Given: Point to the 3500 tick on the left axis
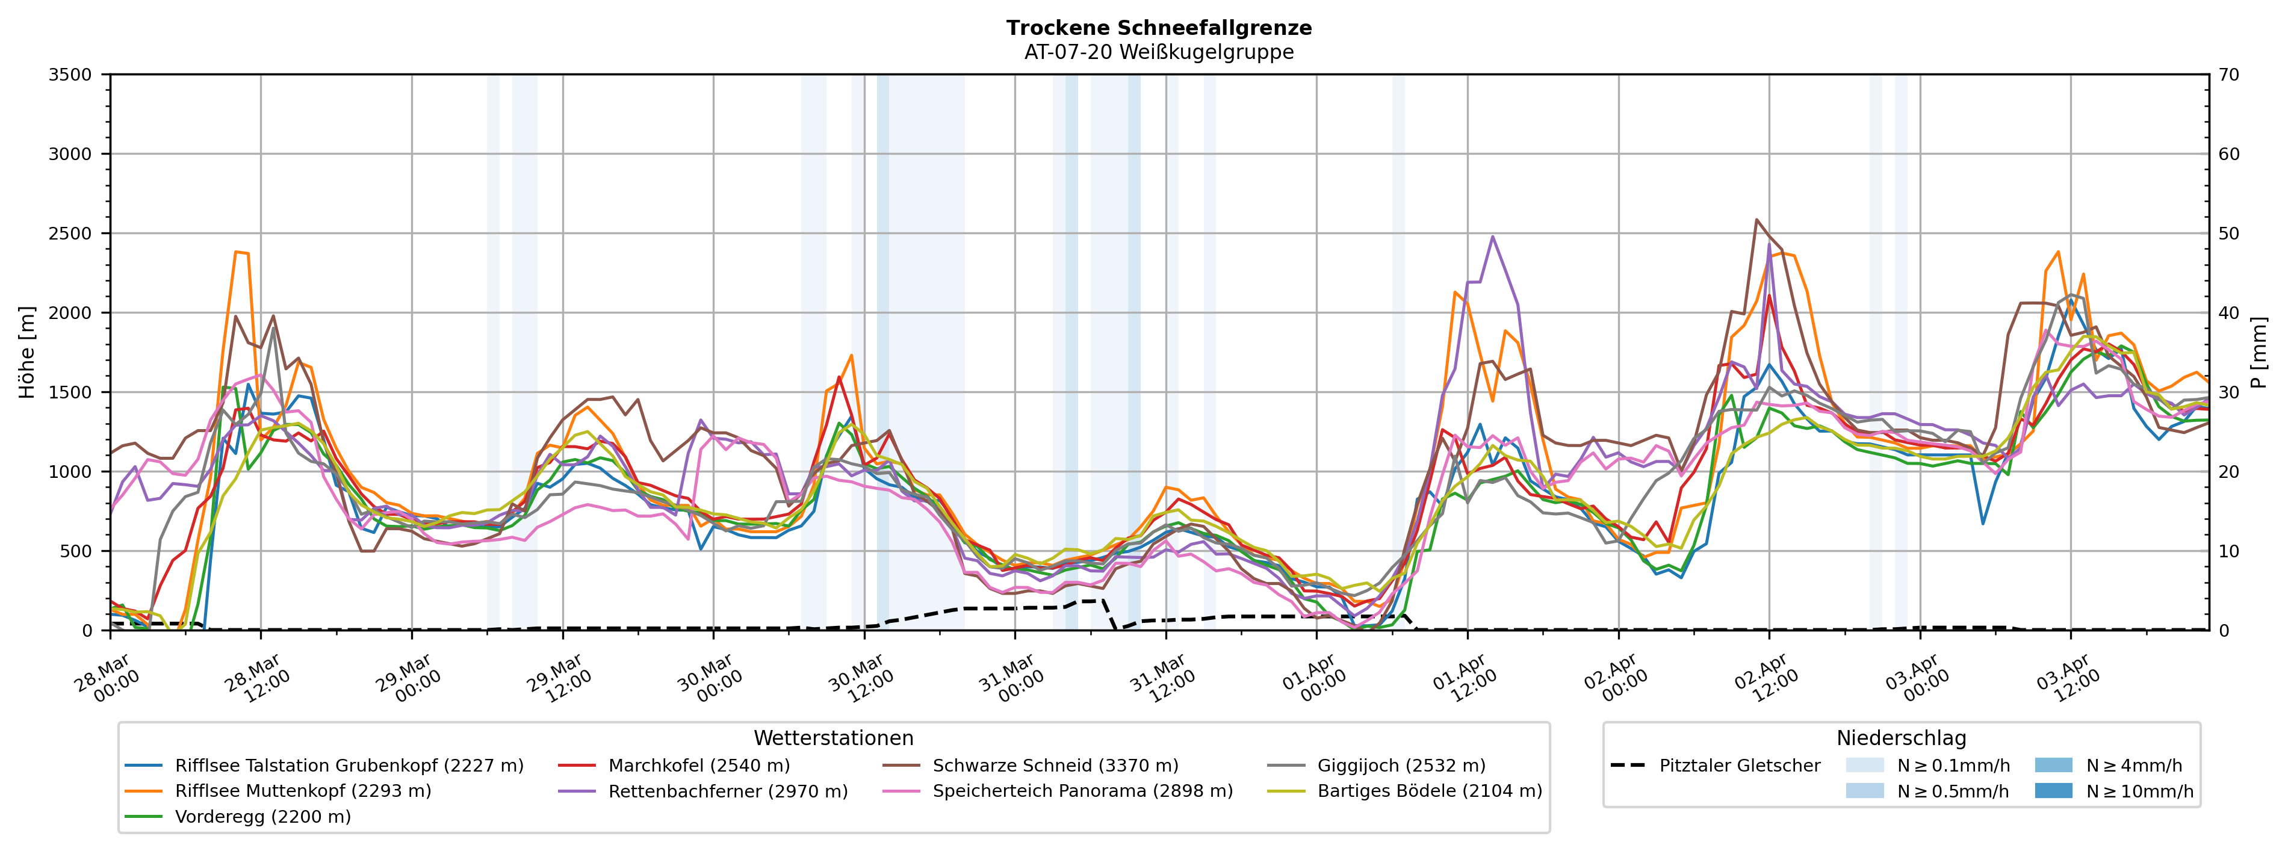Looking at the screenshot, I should coord(70,75).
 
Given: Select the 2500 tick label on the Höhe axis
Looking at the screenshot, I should coord(70,234).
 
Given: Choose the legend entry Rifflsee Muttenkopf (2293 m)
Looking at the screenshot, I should coord(303,791).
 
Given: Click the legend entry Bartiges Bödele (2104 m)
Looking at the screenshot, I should coord(1429,791).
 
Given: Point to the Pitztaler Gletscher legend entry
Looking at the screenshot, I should coord(1739,766).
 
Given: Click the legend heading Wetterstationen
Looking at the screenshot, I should coord(833,738).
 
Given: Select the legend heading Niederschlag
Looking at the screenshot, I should coord(1901,738).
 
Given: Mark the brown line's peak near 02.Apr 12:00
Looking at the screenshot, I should coord(1756,220).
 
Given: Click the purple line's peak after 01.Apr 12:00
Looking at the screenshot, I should coord(1492,237).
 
